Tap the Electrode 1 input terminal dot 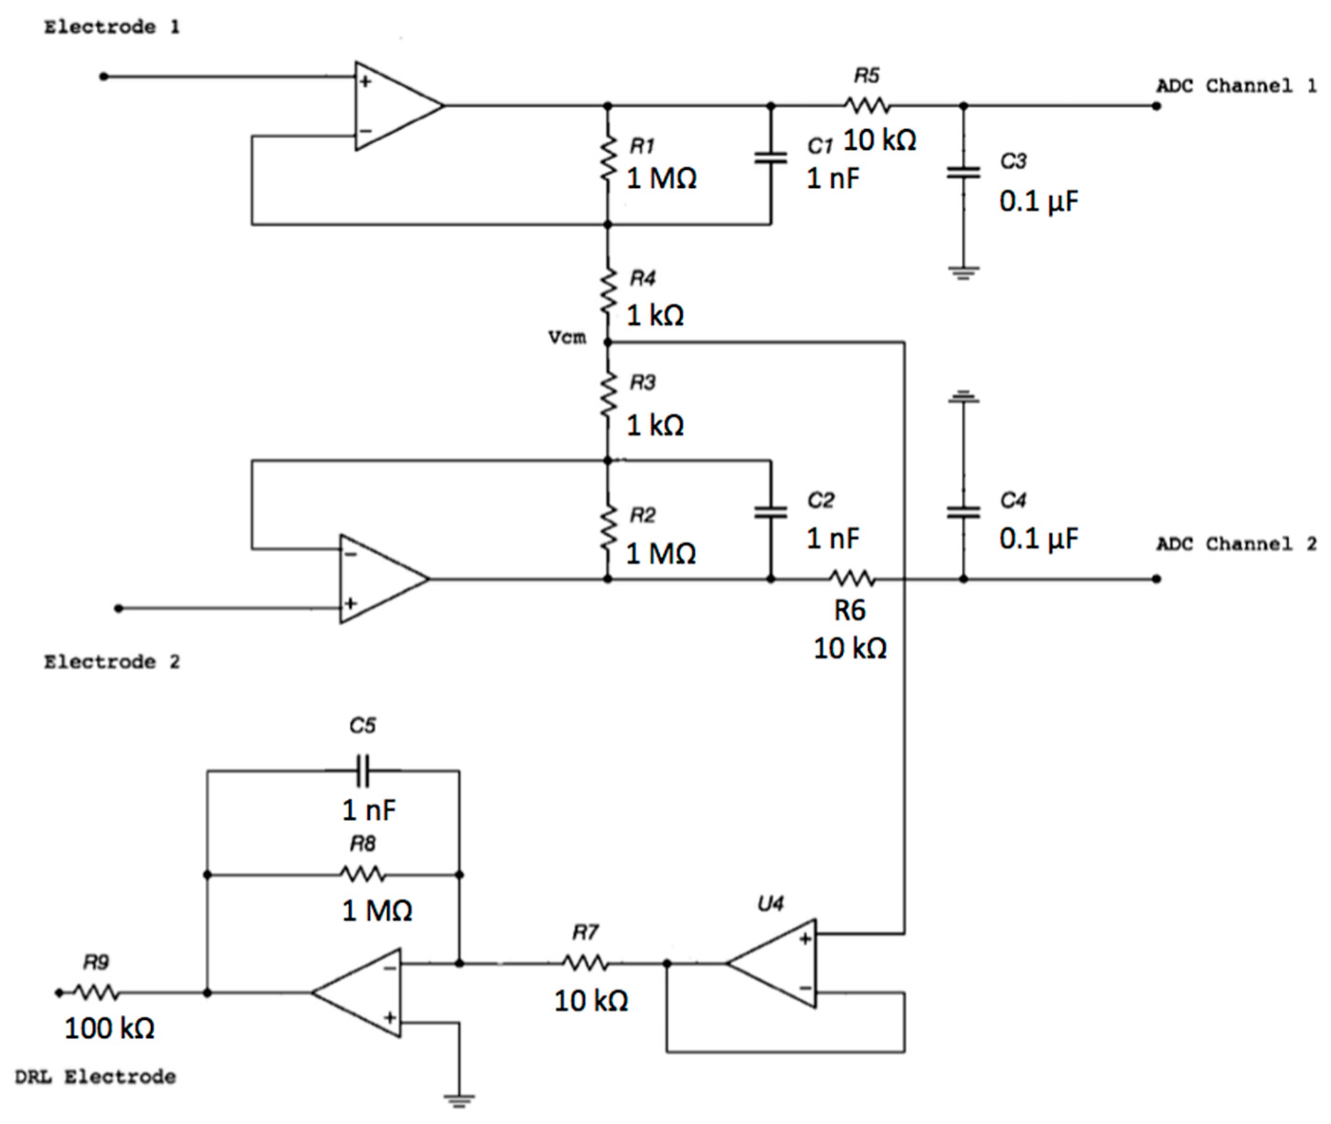coord(104,76)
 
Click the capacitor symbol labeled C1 coord(770,157)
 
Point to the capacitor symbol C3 coord(963,172)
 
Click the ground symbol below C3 coord(963,273)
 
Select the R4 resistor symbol coord(608,291)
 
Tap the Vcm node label coord(567,337)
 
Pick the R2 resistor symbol coord(608,528)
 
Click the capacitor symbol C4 coord(963,512)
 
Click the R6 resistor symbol coord(852,578)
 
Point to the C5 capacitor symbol coord(363,770)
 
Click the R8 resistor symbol coord(363,874)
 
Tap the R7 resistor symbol coord(585,963)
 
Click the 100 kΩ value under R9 coord(109,1028)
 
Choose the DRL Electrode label coord(96,1077)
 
